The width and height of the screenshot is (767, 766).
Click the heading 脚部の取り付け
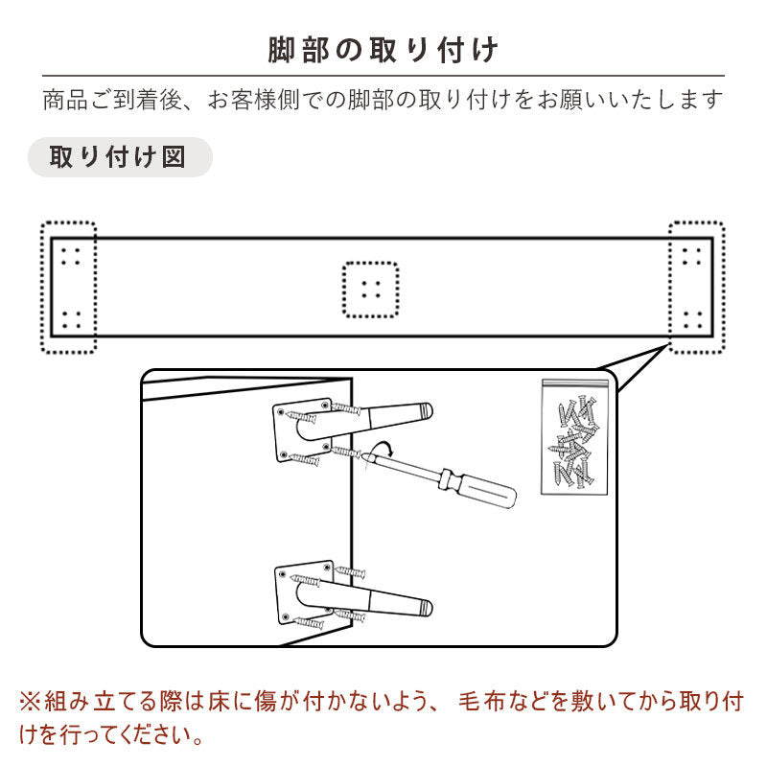(383, 50)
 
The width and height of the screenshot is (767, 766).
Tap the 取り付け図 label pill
(120, 157)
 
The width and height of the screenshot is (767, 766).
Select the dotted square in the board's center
(370, 290)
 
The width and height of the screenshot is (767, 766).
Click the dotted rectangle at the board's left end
(68, 287)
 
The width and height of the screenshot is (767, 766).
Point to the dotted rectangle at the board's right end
(697, 287)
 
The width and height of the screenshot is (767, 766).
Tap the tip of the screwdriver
(364, 456)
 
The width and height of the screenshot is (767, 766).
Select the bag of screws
(574, 437)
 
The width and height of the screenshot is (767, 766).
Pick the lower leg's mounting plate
(304, 592)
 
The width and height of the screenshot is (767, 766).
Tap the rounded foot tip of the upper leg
(426, 410)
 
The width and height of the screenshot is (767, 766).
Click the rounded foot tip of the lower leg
(426, 608)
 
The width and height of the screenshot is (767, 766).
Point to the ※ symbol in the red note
(31, 702)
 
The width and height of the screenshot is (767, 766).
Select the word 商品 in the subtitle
(65, 101)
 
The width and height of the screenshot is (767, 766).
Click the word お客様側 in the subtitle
(254, 101)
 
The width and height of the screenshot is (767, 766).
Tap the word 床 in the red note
(219, 702)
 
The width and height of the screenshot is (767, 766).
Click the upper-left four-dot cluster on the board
(71, 257)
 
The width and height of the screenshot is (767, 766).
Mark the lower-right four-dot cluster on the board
(692, 320)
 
